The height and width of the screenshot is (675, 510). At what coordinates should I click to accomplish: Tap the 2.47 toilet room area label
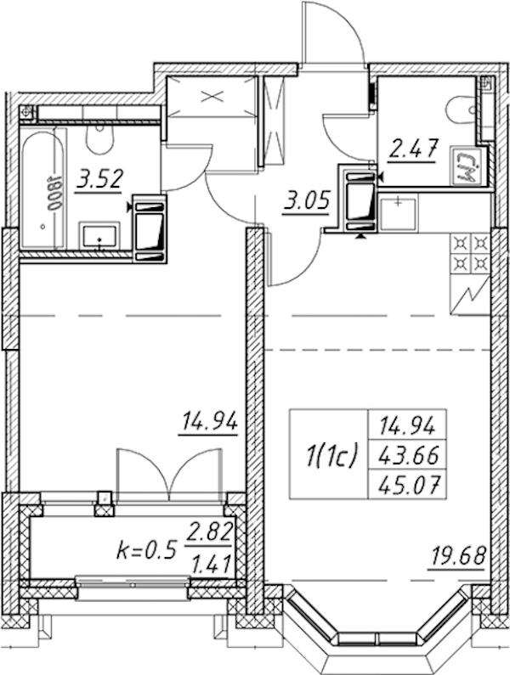413,149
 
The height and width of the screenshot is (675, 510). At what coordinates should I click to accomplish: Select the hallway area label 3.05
307,201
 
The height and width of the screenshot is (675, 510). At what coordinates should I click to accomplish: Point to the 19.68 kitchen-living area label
458,556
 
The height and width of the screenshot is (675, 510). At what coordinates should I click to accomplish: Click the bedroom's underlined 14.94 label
209,421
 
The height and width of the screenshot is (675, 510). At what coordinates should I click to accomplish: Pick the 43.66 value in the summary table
408,455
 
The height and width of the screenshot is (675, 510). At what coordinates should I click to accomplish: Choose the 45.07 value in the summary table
408,486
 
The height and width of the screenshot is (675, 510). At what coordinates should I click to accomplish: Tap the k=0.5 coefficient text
146,549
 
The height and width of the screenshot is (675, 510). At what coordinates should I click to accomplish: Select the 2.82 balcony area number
208,532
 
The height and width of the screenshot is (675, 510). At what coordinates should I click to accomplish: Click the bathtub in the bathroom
42,188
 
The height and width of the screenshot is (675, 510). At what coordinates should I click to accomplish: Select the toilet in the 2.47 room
462,110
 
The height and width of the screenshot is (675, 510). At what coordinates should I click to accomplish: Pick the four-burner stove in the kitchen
470,254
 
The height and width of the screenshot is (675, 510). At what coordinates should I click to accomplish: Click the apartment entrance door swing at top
334,32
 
